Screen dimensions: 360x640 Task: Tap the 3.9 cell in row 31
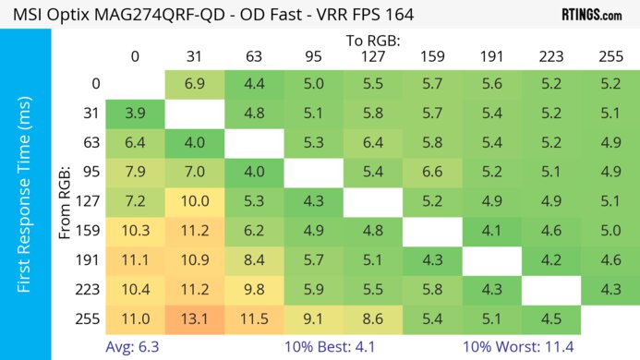click(135, 115)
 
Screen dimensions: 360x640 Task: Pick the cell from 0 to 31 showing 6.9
click(194, 84)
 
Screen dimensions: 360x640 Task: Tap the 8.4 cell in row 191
click(254, 259)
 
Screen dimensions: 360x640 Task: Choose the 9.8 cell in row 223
click(254, 289)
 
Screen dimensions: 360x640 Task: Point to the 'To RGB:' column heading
click(372, 41)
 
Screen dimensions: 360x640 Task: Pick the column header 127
click(373, 56)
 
